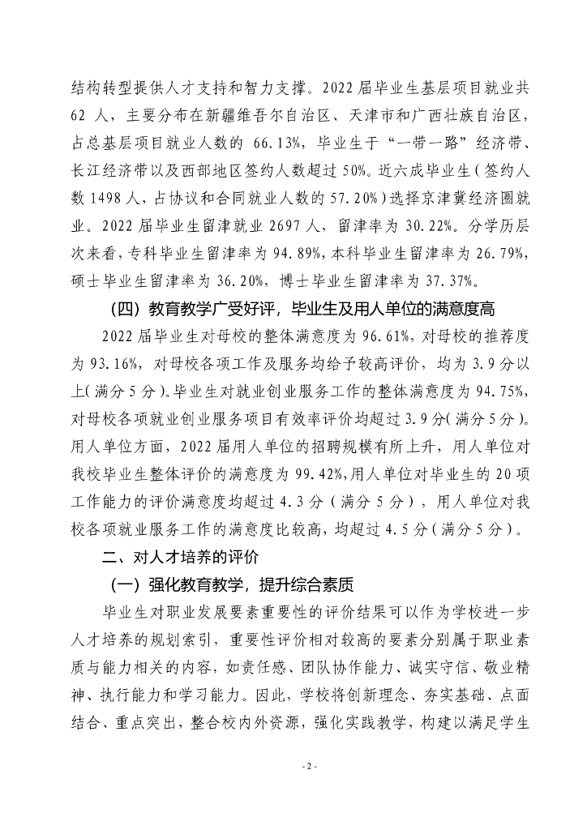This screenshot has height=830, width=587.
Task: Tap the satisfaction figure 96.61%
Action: [368, 336]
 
